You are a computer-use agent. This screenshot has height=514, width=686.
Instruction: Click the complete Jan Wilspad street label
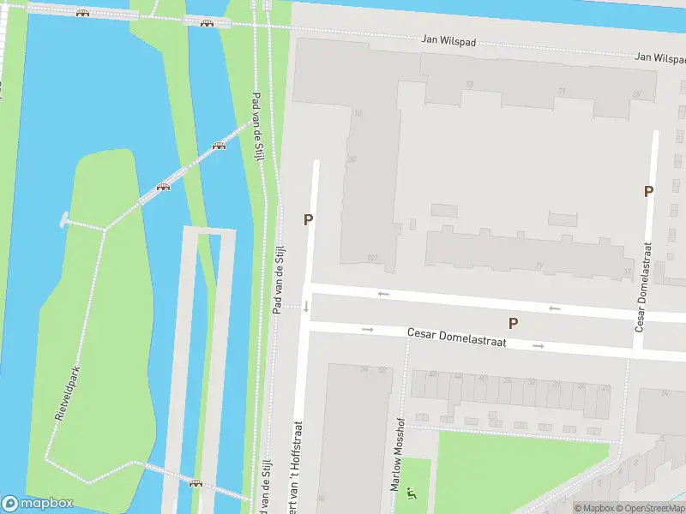click(x=448, y=40)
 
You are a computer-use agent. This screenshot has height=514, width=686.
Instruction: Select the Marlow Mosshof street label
click(x=397, y=453)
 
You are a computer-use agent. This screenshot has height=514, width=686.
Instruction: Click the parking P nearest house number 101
click(x=308, y=220)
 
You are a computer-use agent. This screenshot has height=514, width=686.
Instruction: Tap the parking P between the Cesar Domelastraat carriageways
click(x=513, y=323)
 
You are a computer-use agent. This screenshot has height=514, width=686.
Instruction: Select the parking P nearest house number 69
click(x=649, y=191)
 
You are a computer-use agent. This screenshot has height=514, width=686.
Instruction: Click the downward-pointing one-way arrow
click(x=305, y=306)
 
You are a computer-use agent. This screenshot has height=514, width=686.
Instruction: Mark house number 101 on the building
click(x=371, y=257)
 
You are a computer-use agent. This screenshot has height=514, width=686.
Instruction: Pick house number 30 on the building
click(x=352, y=158)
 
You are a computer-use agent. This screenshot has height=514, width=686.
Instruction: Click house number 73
click(x=469, y=84)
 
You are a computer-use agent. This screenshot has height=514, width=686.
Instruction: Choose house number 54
click(x=364, y=369)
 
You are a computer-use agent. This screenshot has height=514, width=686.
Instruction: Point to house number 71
click(x=562, y=91)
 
